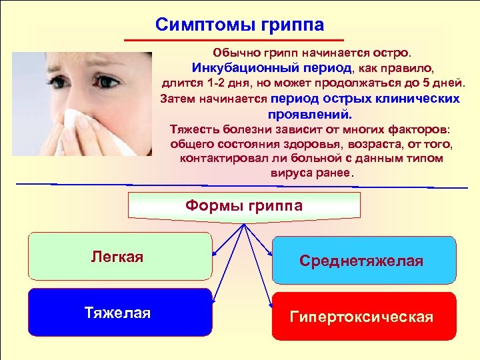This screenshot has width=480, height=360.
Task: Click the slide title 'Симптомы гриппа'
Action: (x=239, y=25)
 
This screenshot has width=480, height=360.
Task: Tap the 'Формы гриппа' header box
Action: (x=243, y=206)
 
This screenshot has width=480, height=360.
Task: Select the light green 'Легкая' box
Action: (x=119, y=256)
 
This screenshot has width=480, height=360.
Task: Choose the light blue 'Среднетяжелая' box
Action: (x=364, y=260)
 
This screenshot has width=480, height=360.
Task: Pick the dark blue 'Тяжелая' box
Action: (x=119, y=313)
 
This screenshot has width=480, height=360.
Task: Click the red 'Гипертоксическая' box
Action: (x=364, y=317)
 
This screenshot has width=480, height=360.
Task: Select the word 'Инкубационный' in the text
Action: (x=233, y=68)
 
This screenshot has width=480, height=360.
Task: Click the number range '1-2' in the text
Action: (x=217, y=83)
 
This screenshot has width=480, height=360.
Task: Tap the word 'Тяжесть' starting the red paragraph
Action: (x=194, y=129)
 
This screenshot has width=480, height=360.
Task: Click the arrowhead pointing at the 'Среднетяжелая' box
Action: (x=269, y=254)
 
